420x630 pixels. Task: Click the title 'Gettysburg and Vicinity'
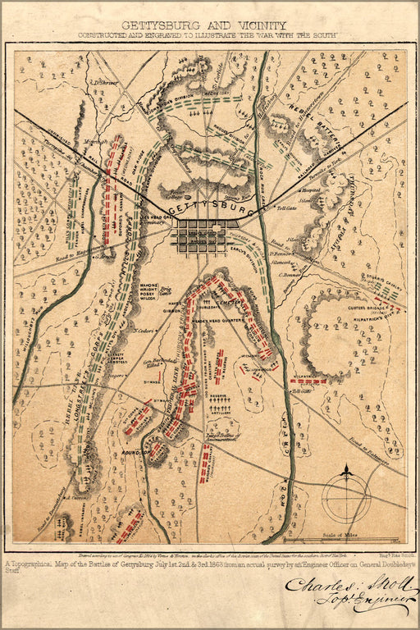(x=211, y=25)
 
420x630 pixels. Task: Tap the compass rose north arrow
(x=346, y=473)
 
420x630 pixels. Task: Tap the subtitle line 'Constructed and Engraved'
(x=209, y=36)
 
